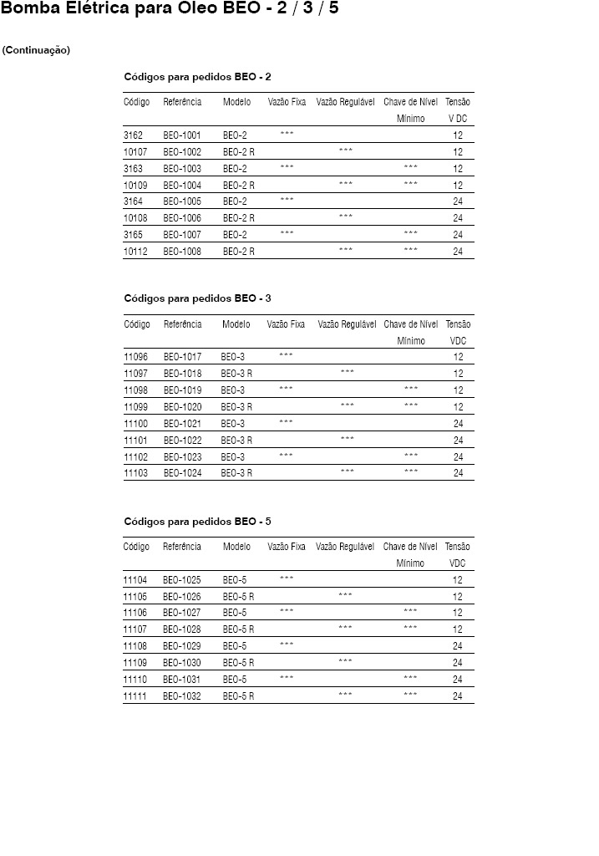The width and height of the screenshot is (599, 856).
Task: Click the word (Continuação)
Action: [x=36, y=50]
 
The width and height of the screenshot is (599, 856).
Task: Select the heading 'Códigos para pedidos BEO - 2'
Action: [x=197, y=77]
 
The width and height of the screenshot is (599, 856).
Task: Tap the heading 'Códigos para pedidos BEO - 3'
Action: [x=197, y=298]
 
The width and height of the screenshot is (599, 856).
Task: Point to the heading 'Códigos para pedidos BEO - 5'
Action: [x=197, y=521]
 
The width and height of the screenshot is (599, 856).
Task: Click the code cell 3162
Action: [x=134, y=135]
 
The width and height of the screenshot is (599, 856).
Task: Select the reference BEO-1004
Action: [x=182, y=185]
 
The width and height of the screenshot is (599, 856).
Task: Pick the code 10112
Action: [x=135, y=252]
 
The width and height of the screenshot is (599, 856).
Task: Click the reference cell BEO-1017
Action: [x=182, y=357]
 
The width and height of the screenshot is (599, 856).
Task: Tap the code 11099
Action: [x=135, y=407]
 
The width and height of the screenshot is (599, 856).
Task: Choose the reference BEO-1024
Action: [x=182, y=473]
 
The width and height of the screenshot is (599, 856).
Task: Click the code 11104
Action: [x=135, y=579]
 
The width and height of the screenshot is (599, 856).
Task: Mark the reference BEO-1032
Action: [x=182, y=696]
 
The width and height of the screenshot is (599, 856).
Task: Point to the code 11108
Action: [x=135, y=646]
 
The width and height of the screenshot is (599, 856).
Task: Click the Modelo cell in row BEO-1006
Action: [x=239, y=218]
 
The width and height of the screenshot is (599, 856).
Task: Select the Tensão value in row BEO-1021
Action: [x=458, y=424]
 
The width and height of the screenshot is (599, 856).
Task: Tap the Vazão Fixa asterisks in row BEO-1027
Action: [x=287, y=612]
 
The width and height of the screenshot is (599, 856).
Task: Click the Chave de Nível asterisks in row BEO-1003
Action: [x=410, y=167]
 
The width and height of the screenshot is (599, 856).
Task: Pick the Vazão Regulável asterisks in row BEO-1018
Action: [x=348, y=372]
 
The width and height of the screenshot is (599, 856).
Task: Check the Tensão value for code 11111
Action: [x=458, y=696]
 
